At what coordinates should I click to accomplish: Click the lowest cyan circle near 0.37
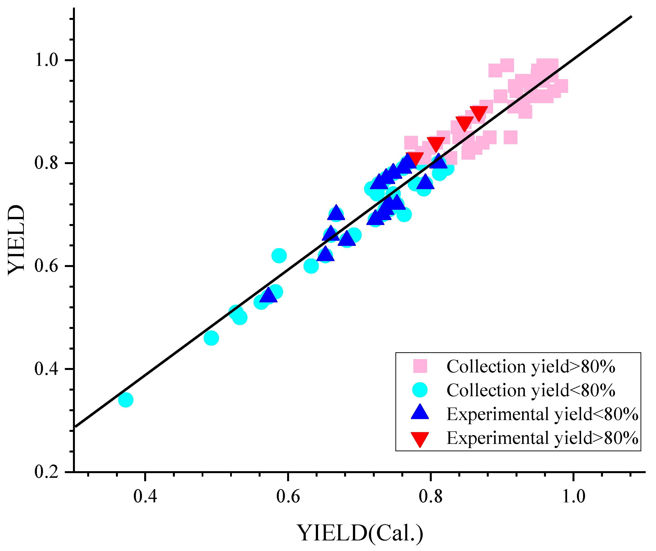[126, 400]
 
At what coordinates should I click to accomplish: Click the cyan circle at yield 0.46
[211, 338]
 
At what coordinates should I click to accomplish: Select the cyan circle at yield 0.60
[311, 266]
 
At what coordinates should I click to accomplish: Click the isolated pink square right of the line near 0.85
[510, 137]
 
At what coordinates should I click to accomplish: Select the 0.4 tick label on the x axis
[145, 496]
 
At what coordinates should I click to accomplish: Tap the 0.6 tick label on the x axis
[288, 496]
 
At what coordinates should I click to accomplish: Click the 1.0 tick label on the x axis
[573, 496]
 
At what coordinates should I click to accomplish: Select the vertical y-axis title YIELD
[16, 240]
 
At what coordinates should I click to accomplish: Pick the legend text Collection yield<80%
[531, 390]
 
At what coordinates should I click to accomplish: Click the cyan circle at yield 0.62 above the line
[279, 256]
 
